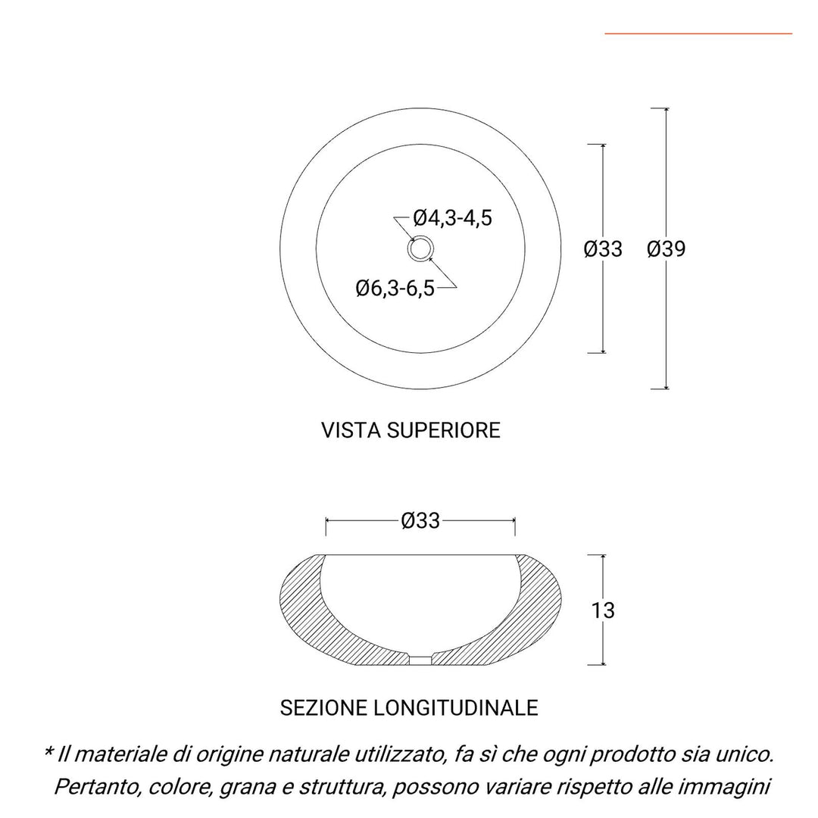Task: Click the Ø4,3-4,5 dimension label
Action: tap(453, 218)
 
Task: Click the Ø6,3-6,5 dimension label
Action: tap(395, 288)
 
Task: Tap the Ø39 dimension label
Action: tap(666, 248)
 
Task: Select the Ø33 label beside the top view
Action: tap(603, 248)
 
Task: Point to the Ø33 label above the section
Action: tap(420, 521)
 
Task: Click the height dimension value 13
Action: tap(603, 610)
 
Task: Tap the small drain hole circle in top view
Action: tap(420, 248)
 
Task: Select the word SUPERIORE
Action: tap(445, 430)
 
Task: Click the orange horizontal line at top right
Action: tap(698, 33)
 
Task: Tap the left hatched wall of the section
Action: tap(303, 606)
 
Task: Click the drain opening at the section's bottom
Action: tap(420, 660)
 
